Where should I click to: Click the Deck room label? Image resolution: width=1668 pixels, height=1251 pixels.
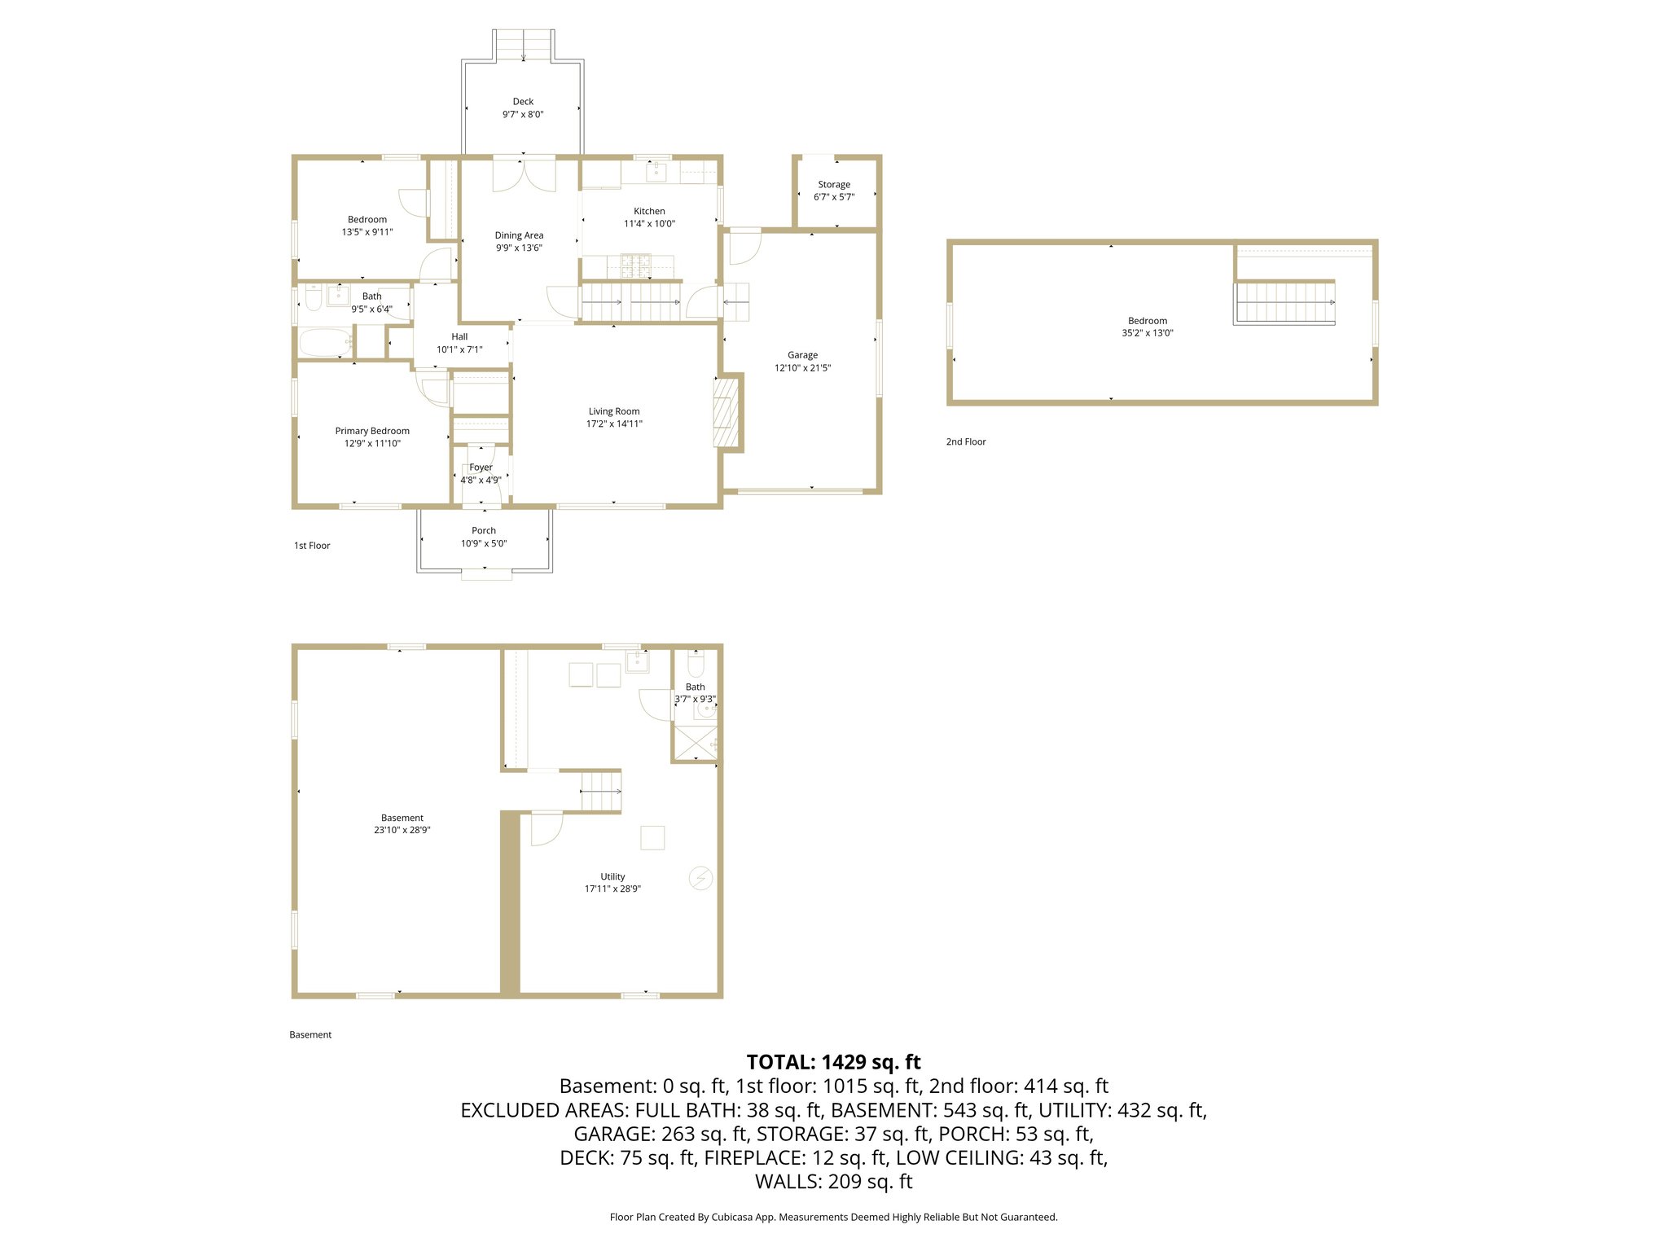[x=523, y=102]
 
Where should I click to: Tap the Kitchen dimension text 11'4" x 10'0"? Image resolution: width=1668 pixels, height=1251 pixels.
[x=649, y=224]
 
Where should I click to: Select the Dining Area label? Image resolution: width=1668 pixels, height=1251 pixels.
[x=519, y=235]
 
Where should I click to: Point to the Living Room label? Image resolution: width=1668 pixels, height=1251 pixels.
[x=614, y=411]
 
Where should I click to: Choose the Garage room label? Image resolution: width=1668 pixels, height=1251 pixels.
[x=802, y=355]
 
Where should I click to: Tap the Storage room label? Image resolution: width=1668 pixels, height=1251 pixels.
[x=834, y=185]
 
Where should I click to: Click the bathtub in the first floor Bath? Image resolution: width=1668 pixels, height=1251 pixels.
[x=325, y=343]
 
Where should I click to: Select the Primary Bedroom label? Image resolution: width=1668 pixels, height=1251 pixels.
[x=372, y=431]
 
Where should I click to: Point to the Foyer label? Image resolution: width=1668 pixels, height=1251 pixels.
[x=481, y=467]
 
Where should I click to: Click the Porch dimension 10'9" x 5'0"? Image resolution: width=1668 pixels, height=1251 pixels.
[x=484, y=543]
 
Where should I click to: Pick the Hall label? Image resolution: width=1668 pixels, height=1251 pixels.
[x=459, y=336]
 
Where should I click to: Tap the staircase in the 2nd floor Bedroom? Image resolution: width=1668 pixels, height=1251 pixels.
[x=1284, y=302]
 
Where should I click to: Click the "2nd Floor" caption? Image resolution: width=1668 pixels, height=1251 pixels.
[x=966, y=441]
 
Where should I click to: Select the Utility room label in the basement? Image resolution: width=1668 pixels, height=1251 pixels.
[x=612, y=876]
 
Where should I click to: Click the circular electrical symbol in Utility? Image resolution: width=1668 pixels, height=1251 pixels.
[x=701, y=878]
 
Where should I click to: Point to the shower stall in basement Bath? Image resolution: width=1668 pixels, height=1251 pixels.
[x=695, y=742]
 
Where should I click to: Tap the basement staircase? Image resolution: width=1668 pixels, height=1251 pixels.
[x=601, y=791]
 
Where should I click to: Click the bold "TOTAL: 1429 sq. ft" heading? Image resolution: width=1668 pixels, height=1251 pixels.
[x=833, y=1062]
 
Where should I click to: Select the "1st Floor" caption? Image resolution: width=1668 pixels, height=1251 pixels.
[x=312, y=546]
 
